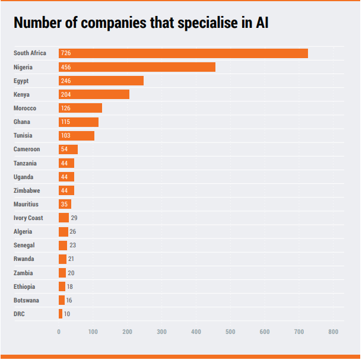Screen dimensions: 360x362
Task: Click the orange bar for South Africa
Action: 183,53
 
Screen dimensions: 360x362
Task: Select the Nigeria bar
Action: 137,67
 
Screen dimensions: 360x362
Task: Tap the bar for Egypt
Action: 101,81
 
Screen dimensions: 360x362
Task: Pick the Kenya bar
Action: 94,94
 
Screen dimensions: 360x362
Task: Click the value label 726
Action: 65,53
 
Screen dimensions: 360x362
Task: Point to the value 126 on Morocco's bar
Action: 65,108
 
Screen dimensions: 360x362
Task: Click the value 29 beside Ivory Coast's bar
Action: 74,218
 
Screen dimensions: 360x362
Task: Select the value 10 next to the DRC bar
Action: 67,314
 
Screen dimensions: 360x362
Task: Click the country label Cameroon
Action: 27,149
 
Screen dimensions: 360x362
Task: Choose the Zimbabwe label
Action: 27,190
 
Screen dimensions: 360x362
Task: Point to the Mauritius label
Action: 26,204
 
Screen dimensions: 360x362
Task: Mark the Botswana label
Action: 26,300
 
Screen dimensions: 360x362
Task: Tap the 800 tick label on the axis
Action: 334,332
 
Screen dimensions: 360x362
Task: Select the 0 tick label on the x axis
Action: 59,332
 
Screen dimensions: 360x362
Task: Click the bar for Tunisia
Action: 77,136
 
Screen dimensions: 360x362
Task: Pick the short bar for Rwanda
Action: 62,259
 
